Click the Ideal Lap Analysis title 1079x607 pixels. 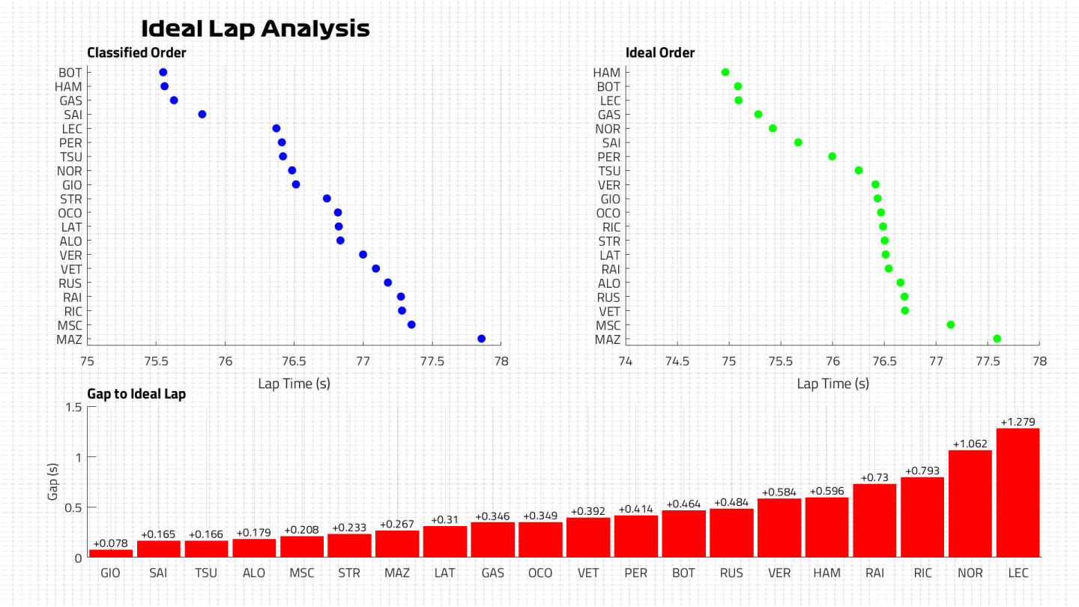click(x=256, y=28)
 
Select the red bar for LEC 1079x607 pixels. click(x=1018, y=492)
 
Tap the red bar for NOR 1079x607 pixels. click(x=970, y=504)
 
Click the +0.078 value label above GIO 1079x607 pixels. click(x=111, y=543)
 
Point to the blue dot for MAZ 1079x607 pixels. click(x=481, y=339)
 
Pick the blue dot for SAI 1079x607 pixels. click(x=202, y=114)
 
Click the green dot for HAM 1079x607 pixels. click(x=725, y=72)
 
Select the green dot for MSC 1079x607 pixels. click(x=951, y=324)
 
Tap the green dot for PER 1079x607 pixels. click(x=832, y=156)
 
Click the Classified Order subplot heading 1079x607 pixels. click(x=136, y=52)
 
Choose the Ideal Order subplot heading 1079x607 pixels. click(x=660, y=52)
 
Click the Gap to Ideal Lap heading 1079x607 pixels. click(x=136, y=393)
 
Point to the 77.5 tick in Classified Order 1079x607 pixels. click(x=432, y=360)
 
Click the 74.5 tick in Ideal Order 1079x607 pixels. click(x=677, y=360)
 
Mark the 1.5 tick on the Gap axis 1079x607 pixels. click(x=73, y=407)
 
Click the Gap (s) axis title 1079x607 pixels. click(x=52, y=482)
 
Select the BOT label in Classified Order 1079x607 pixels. click(x=70, y=73)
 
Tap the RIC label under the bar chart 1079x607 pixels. click(x=922, y=573)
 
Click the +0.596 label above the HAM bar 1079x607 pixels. click(x=827, y=492)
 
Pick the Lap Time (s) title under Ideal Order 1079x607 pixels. click(x=832, y=384)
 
